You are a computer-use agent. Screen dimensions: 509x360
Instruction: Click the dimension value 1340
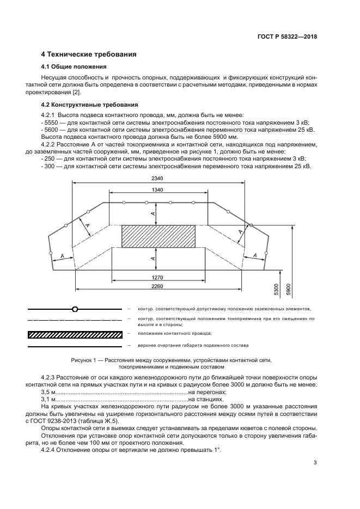tap(158, 189)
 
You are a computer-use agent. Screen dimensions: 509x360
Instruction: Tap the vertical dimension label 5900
tap(289, 289)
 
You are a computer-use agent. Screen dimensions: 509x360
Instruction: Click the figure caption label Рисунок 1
tap(87, 360)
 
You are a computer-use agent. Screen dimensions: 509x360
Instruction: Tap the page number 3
tap(315, 463)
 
